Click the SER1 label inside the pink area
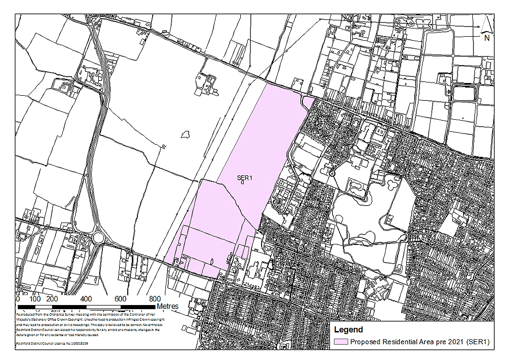coord(245,178)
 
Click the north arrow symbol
coord(487,24)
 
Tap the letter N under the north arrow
coord(487,37)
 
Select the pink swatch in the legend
coord(341,342)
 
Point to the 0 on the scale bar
coord(18,299)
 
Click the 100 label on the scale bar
coord(36,299)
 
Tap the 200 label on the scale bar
coord(52,299)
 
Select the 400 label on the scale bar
coord(87,299)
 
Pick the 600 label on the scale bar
coord(121,299)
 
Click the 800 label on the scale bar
coord(155,299)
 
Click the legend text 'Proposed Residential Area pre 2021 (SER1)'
coord(419,342)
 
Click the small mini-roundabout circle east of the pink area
coord(332,174)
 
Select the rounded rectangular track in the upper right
coord(465,93)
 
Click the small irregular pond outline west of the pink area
coord(185,134)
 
